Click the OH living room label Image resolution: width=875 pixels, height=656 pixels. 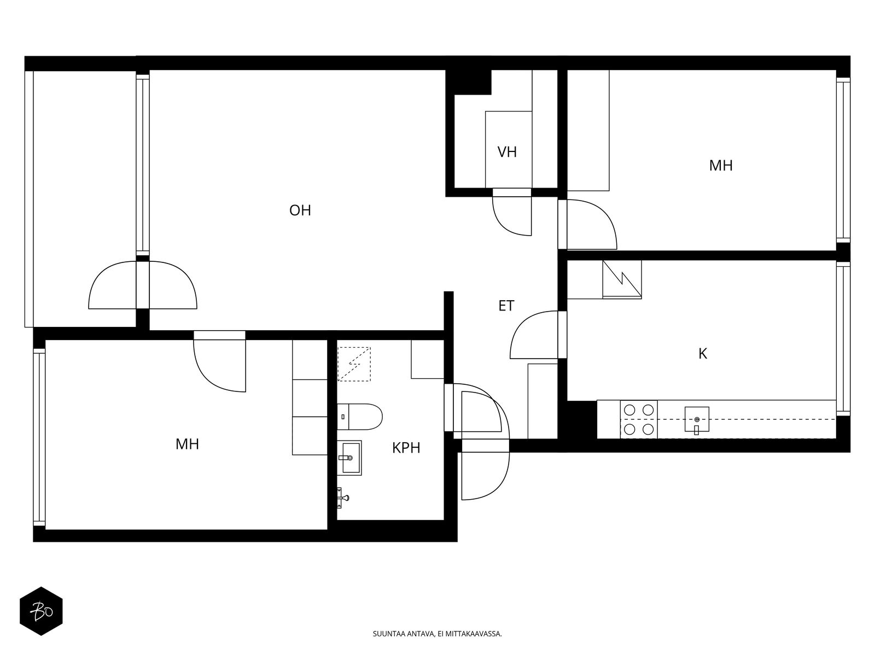pos(300,210)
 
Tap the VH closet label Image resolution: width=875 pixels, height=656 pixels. pos(506,152)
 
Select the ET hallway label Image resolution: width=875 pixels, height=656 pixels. pos(506,306)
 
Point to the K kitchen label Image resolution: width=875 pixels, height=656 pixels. pos(702,353)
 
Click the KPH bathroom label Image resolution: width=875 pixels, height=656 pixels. pos(406,448)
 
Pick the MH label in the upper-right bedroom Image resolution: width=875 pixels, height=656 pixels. pos(721,165)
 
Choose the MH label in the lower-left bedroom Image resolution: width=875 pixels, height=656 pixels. pos(187,444)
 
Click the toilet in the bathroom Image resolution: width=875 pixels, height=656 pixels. pos(359,417)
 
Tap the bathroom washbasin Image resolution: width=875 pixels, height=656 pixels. pos(349,458)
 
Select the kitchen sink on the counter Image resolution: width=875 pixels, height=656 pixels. pos(697,419)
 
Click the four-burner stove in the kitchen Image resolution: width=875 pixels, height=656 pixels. pos(639,419)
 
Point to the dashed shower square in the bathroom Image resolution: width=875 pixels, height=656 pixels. pos(354,364)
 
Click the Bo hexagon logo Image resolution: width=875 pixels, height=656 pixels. pos(42,611)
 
